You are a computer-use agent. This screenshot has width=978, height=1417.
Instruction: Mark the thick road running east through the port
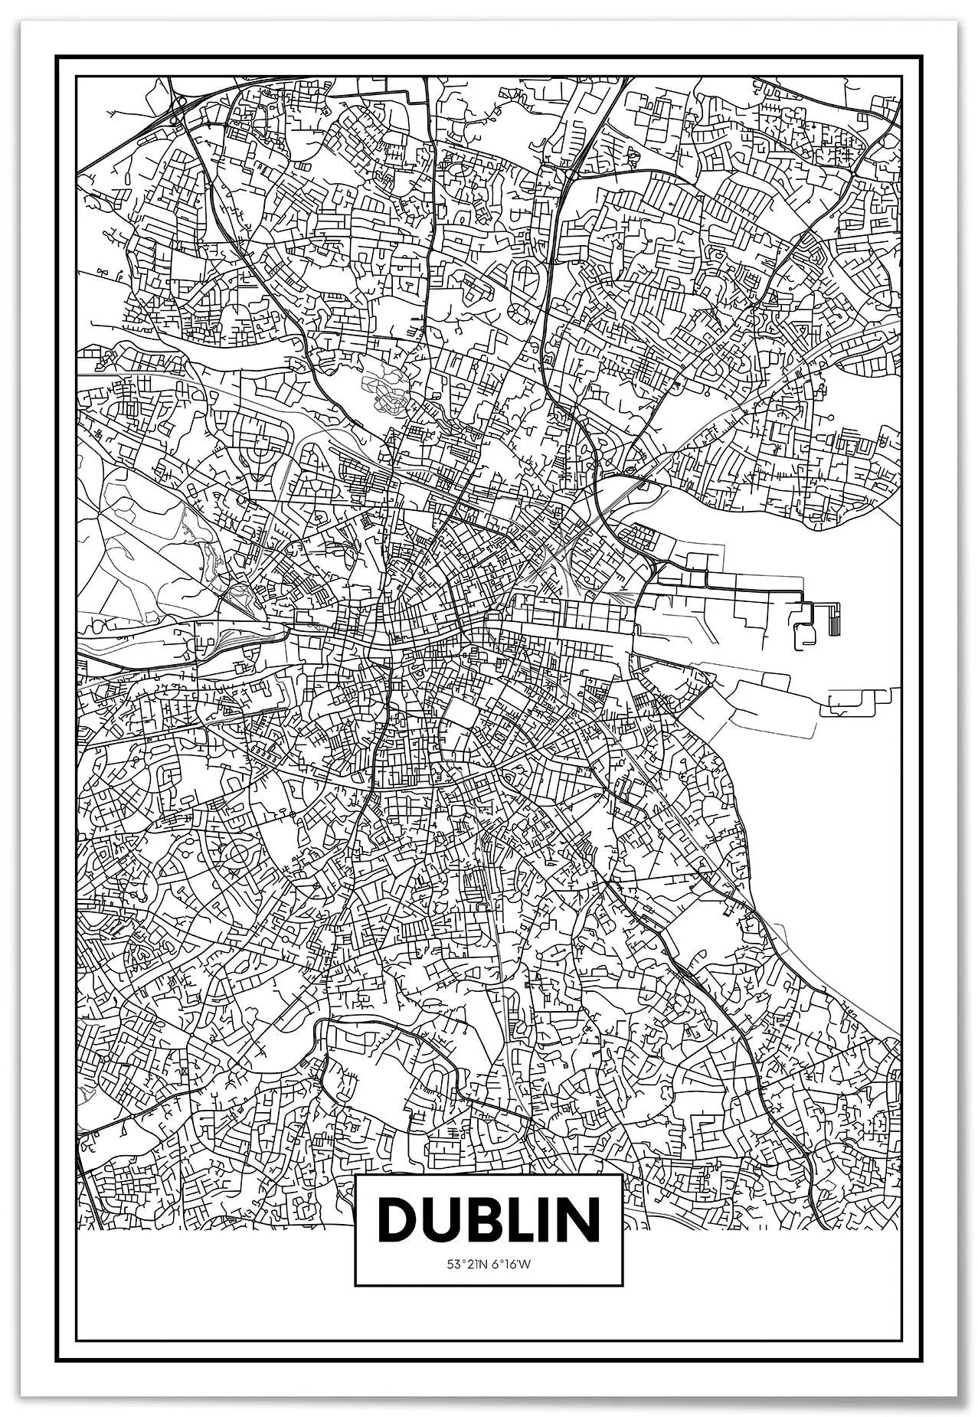pos(728,591)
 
